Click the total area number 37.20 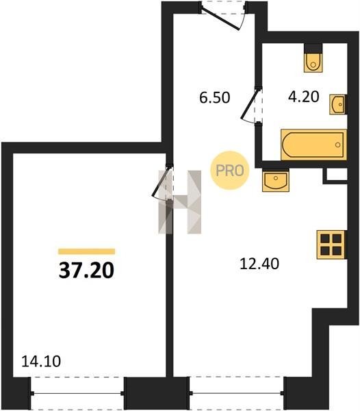[x=86, y=271]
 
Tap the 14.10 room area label [x=41, y=361]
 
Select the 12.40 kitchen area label [x=259, y=264]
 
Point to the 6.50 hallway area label [x=215, y=97]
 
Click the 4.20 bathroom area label [x=304, y=97]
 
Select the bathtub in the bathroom [x=313, y=145]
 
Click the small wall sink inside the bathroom [x=338, y=104]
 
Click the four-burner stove [x=331, y=245]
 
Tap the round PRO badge [x=230, y=171]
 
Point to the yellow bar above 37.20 [x=86, y=251]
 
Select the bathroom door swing [x=250, y=105]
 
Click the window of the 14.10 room [x=77, y=393]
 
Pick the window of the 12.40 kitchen [x=237, y=393]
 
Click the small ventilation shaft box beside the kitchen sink [x=335, y=175]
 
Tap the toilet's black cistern [x=313, y=47]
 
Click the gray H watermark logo [x=180, y=202]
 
